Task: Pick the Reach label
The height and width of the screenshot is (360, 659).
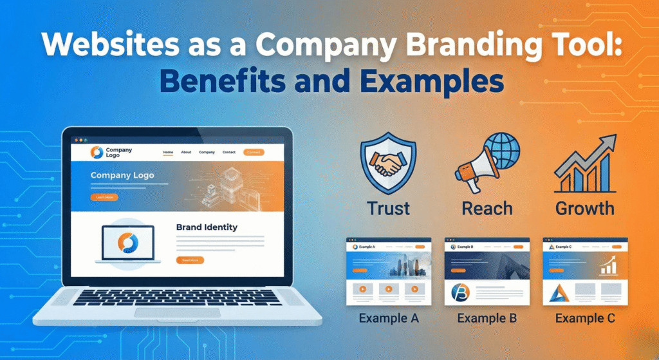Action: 487,209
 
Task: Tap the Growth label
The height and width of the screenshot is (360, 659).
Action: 584,209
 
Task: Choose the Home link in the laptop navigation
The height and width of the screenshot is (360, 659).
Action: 168,153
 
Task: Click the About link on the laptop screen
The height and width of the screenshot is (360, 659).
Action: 186,153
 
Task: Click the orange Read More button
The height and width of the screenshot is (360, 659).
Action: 190,260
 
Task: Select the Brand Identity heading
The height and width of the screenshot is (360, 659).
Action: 207,227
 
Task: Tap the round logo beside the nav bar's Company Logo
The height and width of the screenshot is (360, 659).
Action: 97,153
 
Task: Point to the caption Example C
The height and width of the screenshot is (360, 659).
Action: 585,318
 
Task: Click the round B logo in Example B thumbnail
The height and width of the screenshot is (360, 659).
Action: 460,292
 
